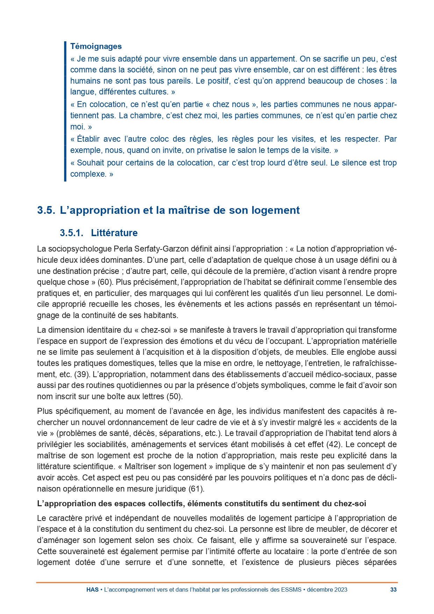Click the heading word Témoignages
(96, 46)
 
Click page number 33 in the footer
(393, 590)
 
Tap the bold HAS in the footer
(92, 590)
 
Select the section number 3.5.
(46, 210)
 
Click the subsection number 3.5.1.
(71, 233)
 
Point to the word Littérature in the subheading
(114, 233)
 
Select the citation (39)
(82, 374)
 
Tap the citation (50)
(175, 396)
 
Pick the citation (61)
(196, 488)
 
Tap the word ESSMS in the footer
(291, 590)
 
